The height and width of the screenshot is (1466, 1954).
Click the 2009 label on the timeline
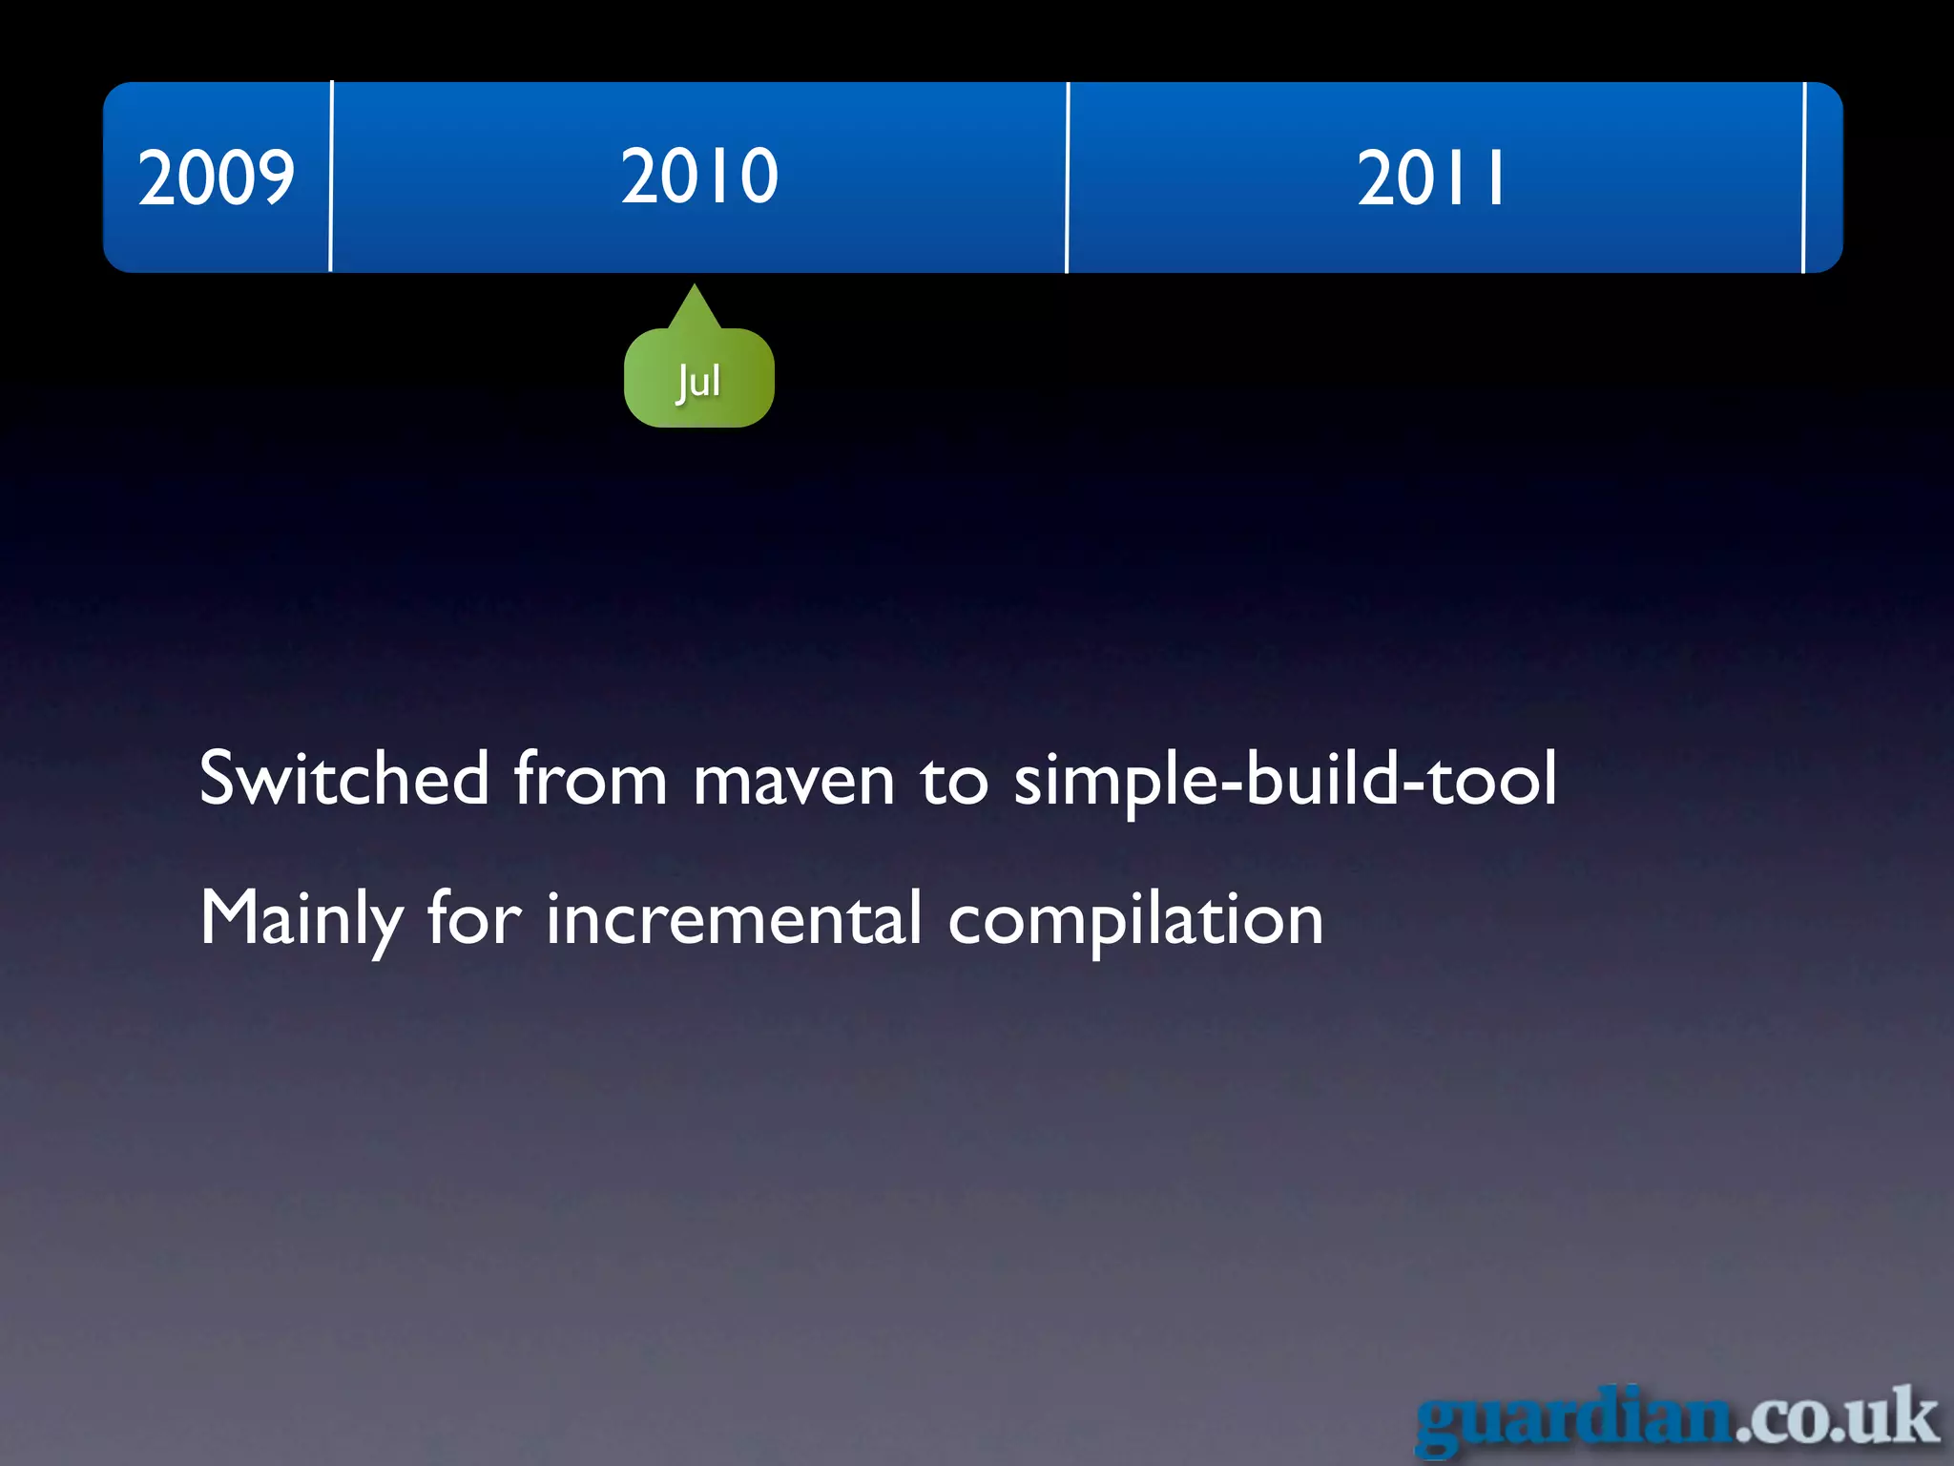click(217, 178)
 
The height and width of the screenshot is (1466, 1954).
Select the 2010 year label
click(699, 177)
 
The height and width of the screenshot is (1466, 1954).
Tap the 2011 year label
click(1431, 178)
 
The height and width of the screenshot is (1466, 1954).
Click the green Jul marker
click(699, 380)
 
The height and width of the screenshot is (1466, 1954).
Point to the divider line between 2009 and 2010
click(331, 178)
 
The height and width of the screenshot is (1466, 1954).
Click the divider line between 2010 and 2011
click(1068, 178)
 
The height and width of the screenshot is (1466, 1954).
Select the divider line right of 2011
click(1804, 178)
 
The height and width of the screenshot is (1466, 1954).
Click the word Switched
click(343, 779)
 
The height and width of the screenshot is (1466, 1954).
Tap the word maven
click(794, 781)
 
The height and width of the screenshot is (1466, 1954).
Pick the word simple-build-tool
click(1285, 781)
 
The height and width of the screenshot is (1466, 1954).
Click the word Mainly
click(301, 919)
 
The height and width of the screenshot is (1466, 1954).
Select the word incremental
click(734, 918)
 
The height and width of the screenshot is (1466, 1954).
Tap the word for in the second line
click(474, 918)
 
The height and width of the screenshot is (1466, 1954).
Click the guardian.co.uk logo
click(1677, 1419)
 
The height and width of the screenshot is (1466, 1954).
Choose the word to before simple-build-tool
click(954, 781)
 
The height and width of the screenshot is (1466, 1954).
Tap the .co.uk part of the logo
click(1837, 1417)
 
